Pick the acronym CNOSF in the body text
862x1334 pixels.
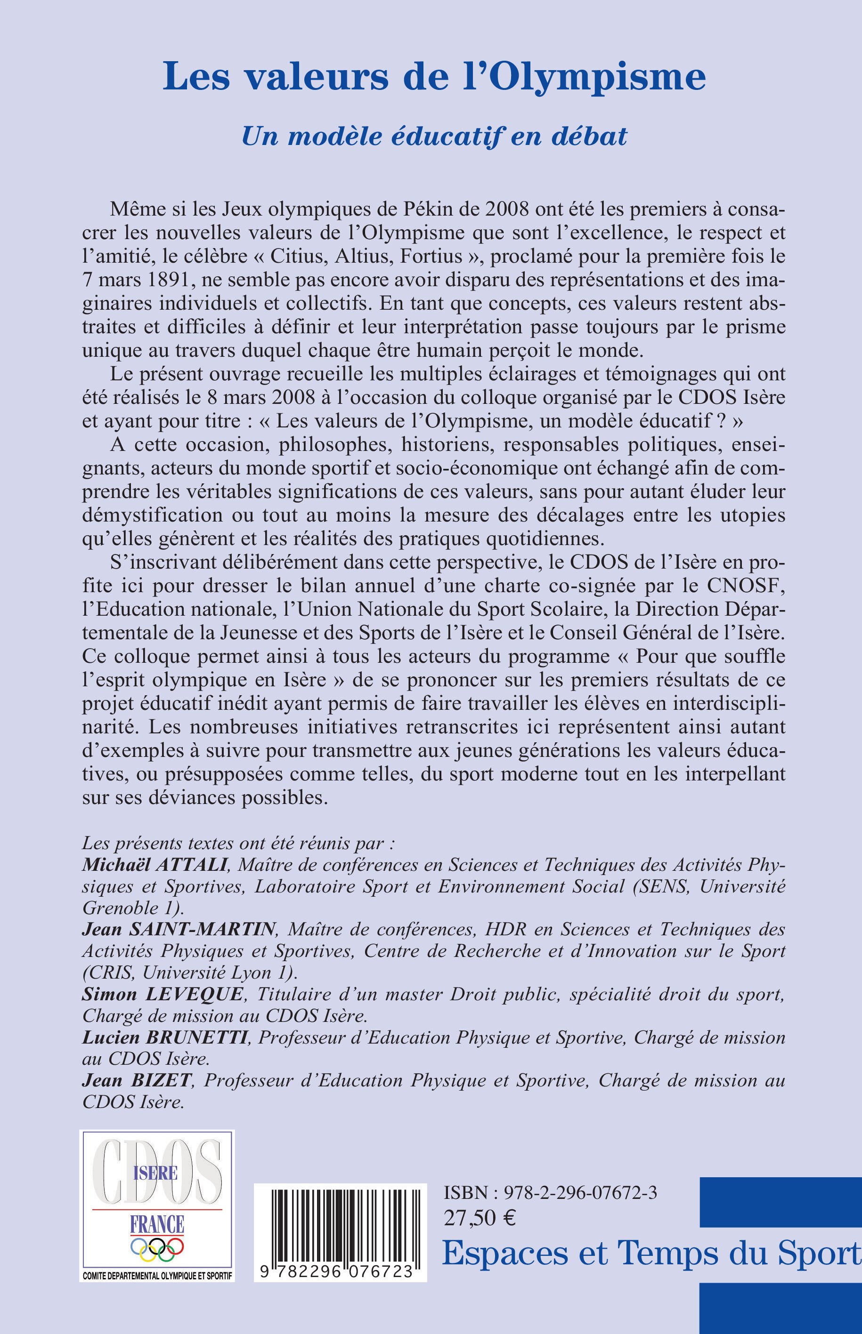749,586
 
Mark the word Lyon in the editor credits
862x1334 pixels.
256,972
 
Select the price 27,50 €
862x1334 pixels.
480,1217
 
